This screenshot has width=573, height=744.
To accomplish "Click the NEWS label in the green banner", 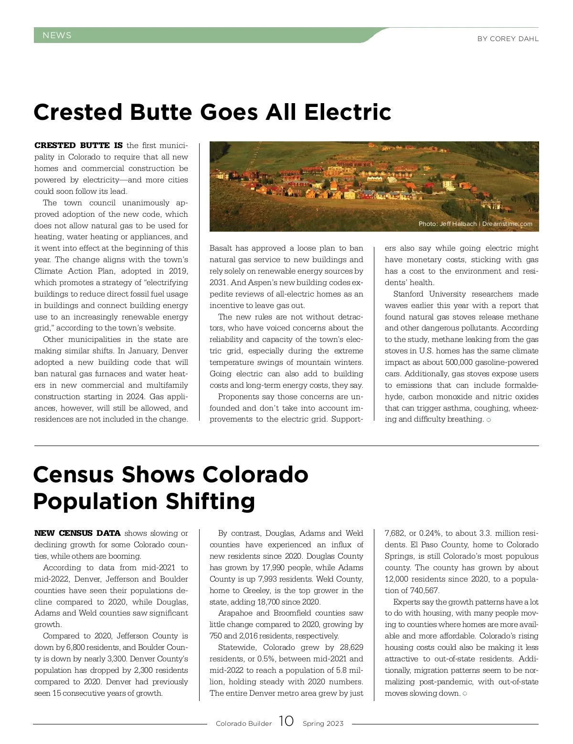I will coord(57,35).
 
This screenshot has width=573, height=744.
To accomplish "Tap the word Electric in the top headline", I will coord(348,112).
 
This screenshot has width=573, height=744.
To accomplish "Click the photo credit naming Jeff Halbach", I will coord(475,224).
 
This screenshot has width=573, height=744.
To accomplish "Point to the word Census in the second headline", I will coord(74,475).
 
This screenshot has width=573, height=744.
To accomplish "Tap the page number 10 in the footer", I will coord(286,721).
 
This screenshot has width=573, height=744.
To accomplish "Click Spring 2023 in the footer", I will coord(323,723).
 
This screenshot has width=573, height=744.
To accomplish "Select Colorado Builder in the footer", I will coord(244,723).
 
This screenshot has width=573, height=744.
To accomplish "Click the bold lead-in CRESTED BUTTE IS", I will coord(78,145).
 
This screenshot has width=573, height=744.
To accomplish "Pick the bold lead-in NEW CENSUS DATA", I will coord(77,533).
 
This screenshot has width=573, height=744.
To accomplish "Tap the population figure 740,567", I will coord(424,591).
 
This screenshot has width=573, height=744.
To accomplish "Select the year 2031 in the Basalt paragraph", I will coord(217,283).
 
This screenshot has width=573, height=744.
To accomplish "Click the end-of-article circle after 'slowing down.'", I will coord(465,693).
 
